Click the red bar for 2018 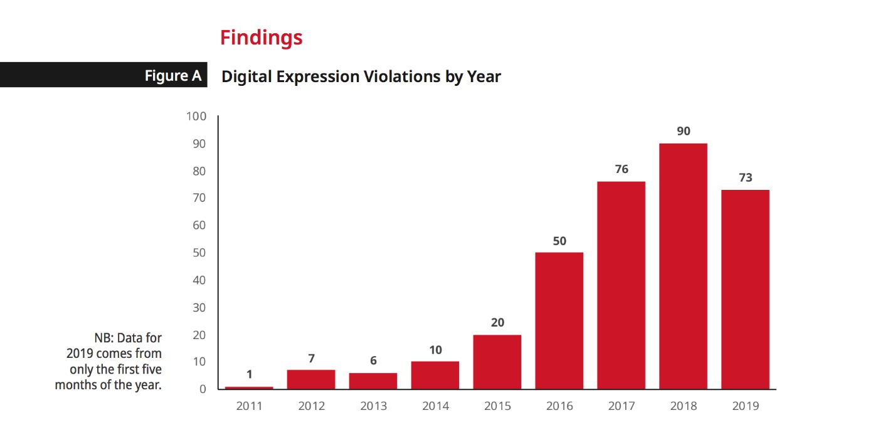(683, 266)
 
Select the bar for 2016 (559, 320)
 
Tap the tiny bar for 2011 (249, 388)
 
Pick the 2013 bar (373, 381)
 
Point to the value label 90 (684, 131)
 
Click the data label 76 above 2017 (621, 169)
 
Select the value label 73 (745, 177)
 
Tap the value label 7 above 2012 (311, 359)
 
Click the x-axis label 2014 (435, 406)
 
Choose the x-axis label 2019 (745, 406)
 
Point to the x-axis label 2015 (497, 406)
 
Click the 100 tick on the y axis (197, 117)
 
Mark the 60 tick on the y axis (199, 226)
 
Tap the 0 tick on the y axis (203, 389)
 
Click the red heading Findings (261, 38)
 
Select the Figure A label (173, 76)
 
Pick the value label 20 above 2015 (497, 323)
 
